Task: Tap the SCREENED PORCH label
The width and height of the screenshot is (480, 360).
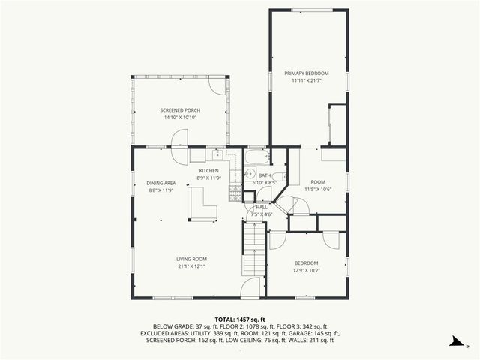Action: click(x=180, y=110)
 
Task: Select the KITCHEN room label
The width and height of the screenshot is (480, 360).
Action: click(x=208, y=171)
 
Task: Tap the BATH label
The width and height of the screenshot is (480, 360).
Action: click(x=265, y=175)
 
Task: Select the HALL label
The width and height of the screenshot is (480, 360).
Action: click(x=262, y=207)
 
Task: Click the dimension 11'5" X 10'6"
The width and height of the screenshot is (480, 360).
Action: click(x=316, y=190)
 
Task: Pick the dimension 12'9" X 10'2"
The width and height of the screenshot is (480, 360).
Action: click(x=306, y=270)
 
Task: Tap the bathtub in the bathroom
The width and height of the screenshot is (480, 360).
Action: click(x=256, y=157)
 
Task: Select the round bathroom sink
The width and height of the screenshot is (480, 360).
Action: click(x=252, y=174)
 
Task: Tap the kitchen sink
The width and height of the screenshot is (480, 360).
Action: click(x=217, y=155)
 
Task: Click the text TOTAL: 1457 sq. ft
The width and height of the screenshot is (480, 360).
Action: click(x=239, y=319)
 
